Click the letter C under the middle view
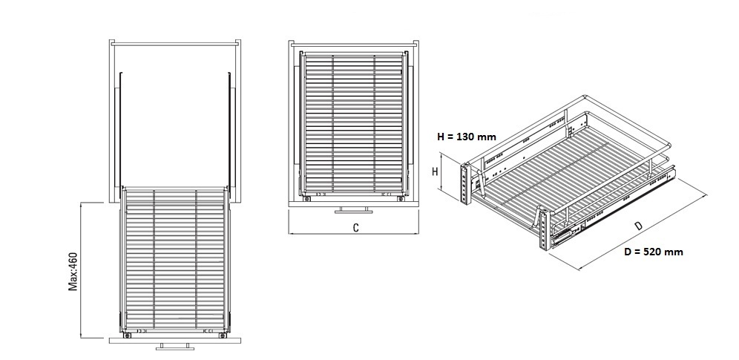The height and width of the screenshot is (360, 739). [356, 228]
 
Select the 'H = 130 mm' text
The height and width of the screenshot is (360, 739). [466, 137]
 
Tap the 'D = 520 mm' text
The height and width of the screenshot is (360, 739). [653, 252]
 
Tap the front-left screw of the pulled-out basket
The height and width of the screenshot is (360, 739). [128, 335]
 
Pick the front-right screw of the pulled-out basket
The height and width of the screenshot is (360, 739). [220, 335]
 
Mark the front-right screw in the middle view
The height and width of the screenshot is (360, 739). [400, 198]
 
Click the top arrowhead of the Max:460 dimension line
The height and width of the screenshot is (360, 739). [80, 204]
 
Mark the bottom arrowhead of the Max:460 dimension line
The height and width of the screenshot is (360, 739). [80, 336]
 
